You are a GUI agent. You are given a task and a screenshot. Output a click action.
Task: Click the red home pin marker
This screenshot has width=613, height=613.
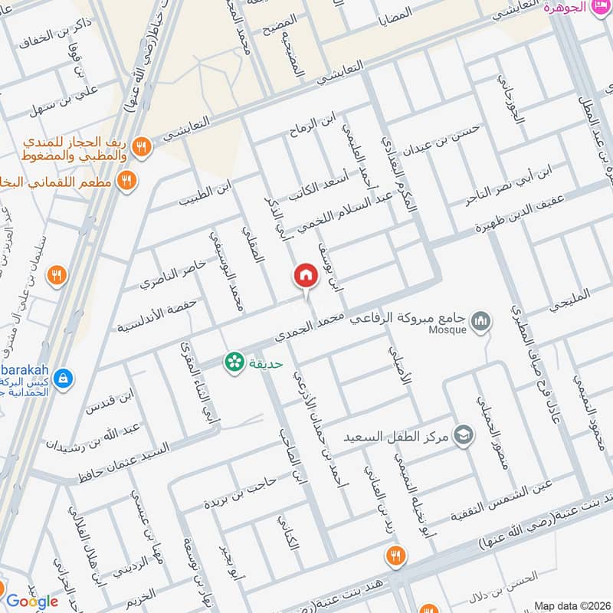(x=305, y=275)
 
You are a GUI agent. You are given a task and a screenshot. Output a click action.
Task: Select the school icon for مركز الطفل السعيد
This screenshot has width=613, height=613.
(x=463, y=434)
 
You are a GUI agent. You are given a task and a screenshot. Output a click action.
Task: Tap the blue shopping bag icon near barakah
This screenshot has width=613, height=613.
(x=63, y=378)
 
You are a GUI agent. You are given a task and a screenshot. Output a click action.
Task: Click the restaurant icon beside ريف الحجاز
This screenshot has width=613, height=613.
(x=140, y=146)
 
